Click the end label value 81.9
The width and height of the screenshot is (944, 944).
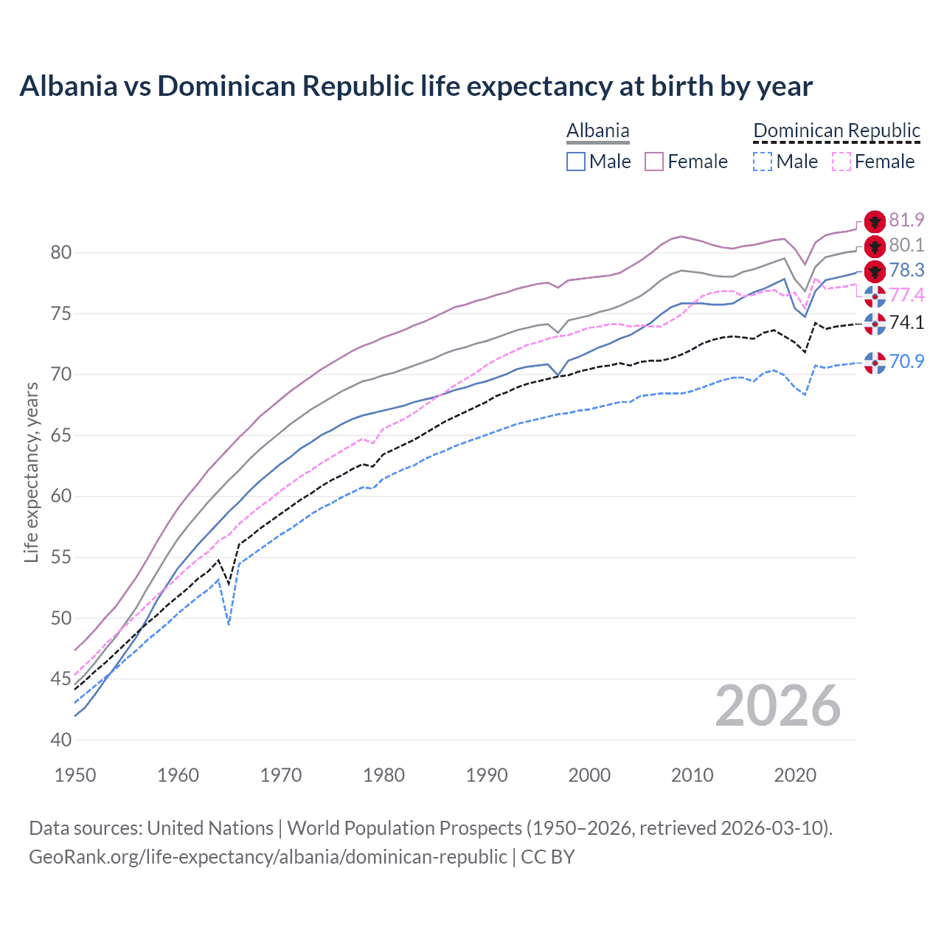coord(906,221)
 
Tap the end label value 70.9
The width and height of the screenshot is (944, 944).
coord(906,361)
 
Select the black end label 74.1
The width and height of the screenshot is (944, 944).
coord(906,322)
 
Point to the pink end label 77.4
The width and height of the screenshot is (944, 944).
coord(906,296)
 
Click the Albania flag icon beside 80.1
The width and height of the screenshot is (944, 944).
coord(875,246)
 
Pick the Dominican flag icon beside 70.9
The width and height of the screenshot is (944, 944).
coord(875,362)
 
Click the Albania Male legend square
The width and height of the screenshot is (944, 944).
coord(576,162)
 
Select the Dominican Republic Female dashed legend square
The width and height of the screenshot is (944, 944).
coord(841,162)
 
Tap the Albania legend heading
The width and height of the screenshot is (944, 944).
coord(598,131)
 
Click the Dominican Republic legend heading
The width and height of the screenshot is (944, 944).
coord(836,131)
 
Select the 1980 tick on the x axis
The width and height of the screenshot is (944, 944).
coord(383,775)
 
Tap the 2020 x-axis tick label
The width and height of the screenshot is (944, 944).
coord(795,775)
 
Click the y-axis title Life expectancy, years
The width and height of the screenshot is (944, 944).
coord(31,472)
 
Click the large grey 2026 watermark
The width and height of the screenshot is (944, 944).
coord(778,707)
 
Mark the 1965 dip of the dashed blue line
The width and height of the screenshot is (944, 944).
coord(229,624)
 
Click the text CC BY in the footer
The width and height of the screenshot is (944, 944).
coord(547,857)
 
